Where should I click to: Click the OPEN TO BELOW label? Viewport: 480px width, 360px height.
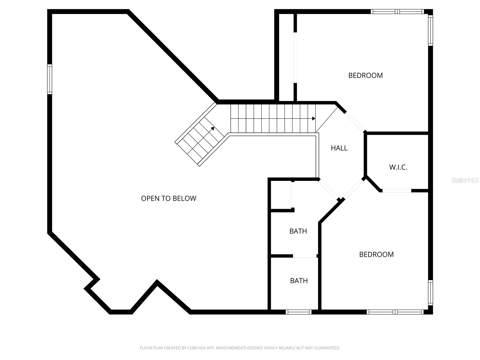point(169,198)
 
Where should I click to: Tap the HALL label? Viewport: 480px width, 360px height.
point(339,148)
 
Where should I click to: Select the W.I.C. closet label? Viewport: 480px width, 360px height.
point(398,167)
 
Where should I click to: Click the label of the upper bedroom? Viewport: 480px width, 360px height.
point(365,75)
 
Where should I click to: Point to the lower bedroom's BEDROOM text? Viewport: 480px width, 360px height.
point(376,254)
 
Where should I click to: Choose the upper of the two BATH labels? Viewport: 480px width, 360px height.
point(298,231)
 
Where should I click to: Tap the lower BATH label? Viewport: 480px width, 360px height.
point(299,281)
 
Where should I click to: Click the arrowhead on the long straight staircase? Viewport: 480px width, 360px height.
point(313,118)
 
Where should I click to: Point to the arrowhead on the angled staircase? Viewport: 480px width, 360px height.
point(212,128)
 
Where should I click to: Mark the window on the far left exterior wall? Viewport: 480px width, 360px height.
point(49,79)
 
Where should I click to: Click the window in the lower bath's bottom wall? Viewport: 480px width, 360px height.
point(298,312)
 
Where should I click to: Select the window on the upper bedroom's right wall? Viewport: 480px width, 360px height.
point(430,30)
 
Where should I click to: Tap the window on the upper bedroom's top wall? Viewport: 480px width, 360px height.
point(397,12)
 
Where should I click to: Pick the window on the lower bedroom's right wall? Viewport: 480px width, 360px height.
point(430,292)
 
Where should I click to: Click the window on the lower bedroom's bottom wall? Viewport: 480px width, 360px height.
point(395,312)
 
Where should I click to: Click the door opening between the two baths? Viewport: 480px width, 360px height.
point(304,256)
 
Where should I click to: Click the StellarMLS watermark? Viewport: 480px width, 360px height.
point(465,180)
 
